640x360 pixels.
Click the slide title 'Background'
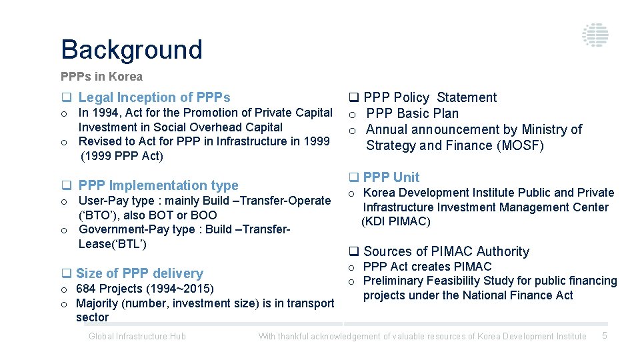coord(131,50)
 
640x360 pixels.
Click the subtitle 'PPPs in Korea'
coord(101,77)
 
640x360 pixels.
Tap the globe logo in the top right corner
coord(594,35)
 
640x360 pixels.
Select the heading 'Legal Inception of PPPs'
coord(154,97)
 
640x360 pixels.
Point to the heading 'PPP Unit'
coord(391,177)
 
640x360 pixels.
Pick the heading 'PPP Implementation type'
coord(158,185)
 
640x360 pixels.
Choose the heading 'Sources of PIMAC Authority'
coord(446,251)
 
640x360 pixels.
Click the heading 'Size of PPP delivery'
coord(139,273)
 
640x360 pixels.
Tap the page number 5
coord(605,336)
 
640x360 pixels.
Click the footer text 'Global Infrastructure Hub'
coord(137,337)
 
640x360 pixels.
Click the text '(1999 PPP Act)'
coord(121,156)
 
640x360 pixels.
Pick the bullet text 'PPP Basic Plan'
coord(412,113)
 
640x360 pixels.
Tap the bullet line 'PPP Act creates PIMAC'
coord(427,267)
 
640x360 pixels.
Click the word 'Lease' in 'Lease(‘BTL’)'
coord(93,244)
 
